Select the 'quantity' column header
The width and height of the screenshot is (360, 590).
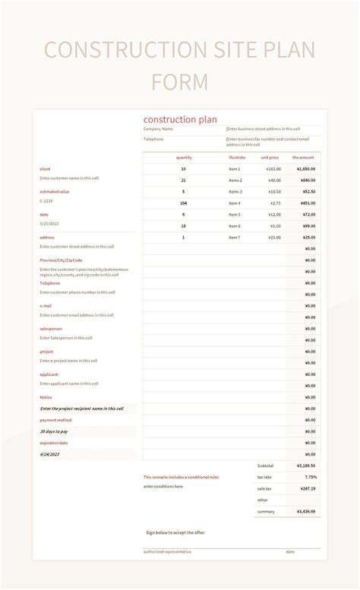tap(184, 157)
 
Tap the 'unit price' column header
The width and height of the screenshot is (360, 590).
tap(270, 157)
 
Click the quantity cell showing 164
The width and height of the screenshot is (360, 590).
tap(184, 203)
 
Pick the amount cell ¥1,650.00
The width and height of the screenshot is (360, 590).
tap(306, 169)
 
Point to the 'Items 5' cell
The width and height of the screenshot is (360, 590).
tap(235, 214)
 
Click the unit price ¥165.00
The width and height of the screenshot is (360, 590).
tap(273, 169)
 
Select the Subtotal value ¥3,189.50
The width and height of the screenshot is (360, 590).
tap(307, 465)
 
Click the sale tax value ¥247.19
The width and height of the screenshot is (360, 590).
tap(308, 488)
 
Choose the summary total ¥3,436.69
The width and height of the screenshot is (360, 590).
tap(307, 512)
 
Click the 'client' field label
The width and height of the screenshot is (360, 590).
tap(45, 169)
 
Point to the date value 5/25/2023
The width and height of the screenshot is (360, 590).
tap(49, 223)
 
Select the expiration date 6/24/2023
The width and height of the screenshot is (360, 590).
tap(50, 454)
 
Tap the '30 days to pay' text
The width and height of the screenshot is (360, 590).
tap(53, 431)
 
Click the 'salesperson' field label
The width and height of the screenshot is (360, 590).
tap(51, 329)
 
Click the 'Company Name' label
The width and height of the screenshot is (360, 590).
tap(158, 128)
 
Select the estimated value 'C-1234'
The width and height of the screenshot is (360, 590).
tap(47, 200)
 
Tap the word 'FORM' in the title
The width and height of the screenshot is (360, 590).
tap(179, 82)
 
